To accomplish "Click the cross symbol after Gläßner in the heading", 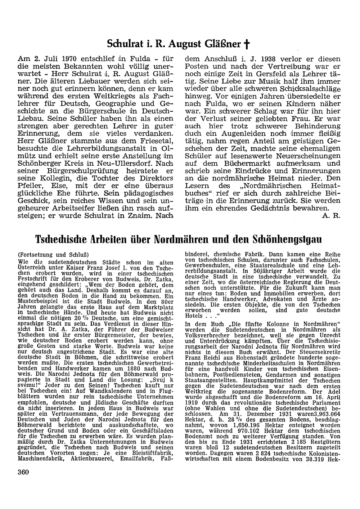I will tap(247, 45).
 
